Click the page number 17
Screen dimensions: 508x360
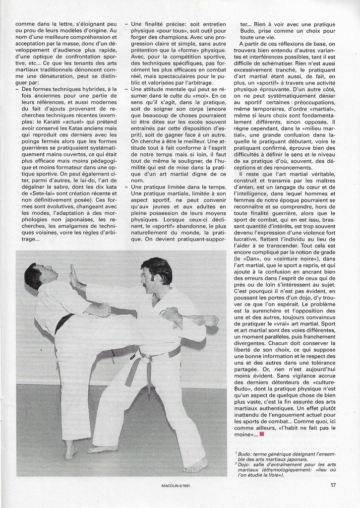tap(333, 486)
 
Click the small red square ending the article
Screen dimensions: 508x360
tap(261, 434)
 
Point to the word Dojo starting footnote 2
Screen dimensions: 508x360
tap(245, 464)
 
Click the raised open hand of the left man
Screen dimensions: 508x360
tap(74, 276)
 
